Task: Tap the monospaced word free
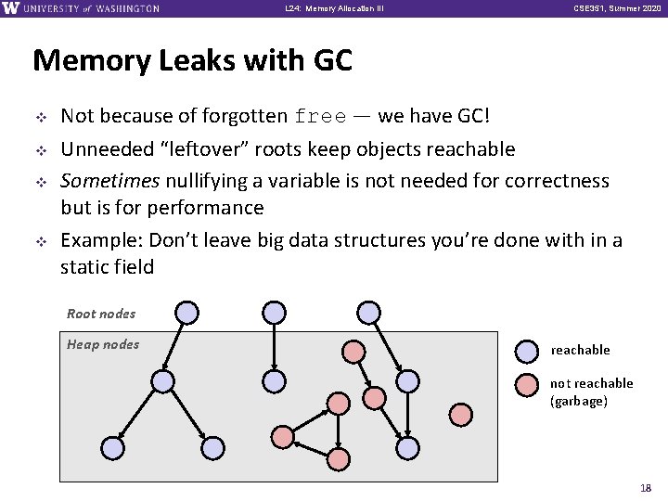[321, 118]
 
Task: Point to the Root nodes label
[101, 314]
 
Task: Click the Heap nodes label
[103, 344]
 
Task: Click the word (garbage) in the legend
[579, 401]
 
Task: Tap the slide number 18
[646, 488]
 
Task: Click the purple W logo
[11, 8]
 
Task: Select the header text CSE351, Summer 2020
[612, 8]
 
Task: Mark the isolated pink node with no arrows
[461, 413]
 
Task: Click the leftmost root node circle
[186, 312]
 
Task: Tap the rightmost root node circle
[369, 312]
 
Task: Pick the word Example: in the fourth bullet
[96, 240]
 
